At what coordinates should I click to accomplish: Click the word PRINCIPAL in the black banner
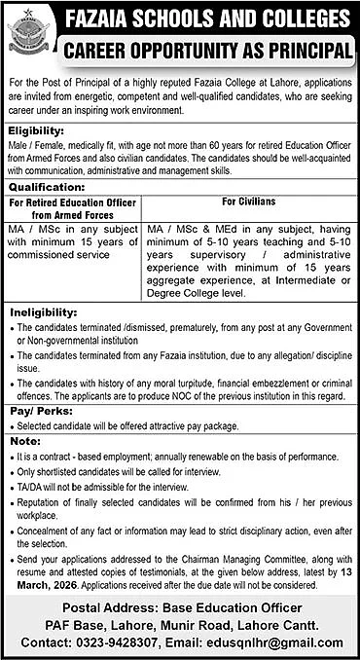[x=306, y=50]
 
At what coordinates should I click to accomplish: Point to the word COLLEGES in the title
[x=296, y=19]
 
